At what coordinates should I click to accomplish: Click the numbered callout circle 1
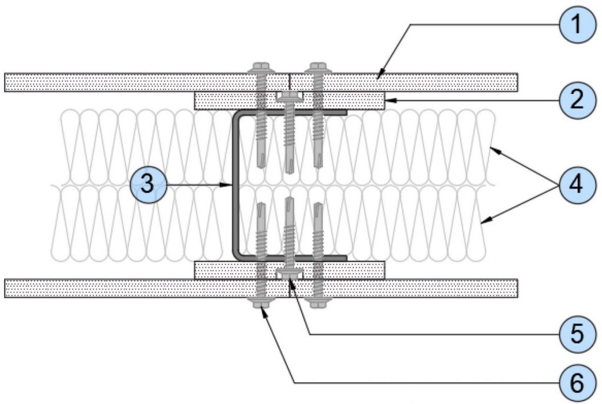(577, 25)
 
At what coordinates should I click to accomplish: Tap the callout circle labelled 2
(577, 100)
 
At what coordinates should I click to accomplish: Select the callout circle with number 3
(148, 185)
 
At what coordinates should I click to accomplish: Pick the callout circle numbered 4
(577, 185)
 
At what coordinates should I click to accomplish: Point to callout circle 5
(577, 334)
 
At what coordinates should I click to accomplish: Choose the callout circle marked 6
(577, 382)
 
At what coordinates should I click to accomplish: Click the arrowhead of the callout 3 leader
(228, 185)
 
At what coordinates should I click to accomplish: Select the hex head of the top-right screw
(318, 68)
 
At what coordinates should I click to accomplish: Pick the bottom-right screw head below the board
(318, 303)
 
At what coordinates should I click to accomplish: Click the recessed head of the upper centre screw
(289, 97)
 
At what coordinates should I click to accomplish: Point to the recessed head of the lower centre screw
(289, 273)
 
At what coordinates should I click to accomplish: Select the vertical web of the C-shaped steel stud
(235, 185)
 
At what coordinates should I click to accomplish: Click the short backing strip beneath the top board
(289, 101)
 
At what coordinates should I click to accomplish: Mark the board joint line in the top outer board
(289, 82)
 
